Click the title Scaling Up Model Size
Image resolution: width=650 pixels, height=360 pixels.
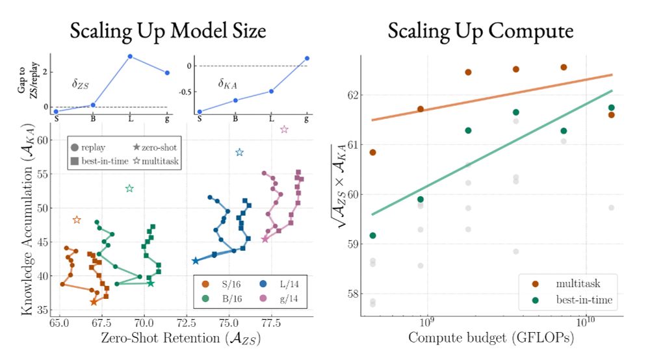click(168, 31)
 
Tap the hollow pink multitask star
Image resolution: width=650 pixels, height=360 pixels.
click(284, 130)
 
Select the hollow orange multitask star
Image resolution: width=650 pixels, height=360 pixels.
click(77, 220)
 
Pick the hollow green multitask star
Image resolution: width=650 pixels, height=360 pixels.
click(129, 188)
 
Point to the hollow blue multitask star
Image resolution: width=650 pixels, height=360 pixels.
click(239, 152)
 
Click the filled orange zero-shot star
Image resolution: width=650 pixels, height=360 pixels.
click(94, 302)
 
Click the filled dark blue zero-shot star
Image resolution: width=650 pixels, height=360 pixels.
click(195, 261)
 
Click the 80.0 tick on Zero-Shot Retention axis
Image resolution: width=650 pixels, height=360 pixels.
click(312, 322)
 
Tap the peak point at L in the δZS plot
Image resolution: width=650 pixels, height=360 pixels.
click(131, 57)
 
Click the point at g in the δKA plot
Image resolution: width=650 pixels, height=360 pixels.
click(307, 58)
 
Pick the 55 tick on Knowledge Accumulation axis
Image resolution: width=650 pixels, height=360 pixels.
click(44, 174)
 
